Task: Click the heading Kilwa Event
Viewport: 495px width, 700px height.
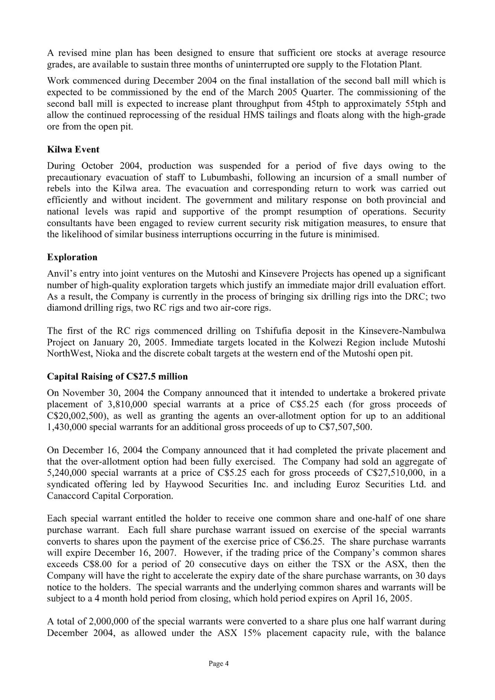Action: click(x=73, y=150)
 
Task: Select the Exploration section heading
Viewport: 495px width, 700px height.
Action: click(x=72, y=257)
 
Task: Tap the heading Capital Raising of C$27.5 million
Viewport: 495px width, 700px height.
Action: click(x=117, y=377)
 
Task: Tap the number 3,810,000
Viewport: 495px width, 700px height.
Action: click(x=125, y=405)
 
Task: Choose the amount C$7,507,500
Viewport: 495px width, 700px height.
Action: click(x=345, y=427)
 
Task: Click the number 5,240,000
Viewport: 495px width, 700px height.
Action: click(x=67, y=473)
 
